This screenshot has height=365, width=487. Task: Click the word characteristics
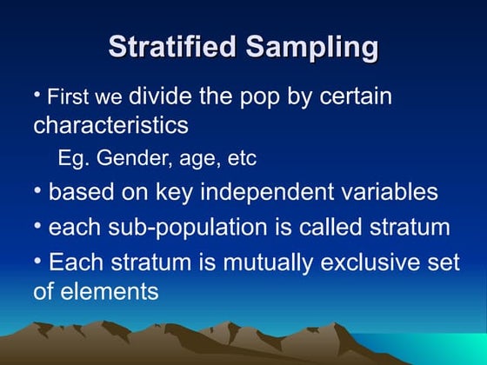click(x=110, y=125)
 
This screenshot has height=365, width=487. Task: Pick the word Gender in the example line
click(x=130, y=160)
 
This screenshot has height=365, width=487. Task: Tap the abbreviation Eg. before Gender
click(x=73, y=160)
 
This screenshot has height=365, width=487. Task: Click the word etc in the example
click(x=241, y=160)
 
